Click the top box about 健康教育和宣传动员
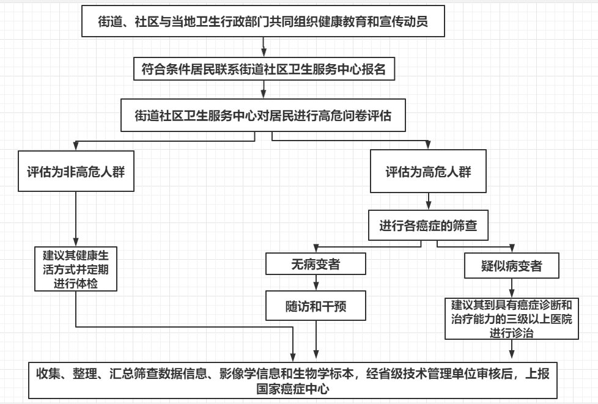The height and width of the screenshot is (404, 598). pos(264,22)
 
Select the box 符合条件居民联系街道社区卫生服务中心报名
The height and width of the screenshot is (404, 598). pos(264,69)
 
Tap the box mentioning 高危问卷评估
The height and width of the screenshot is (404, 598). pos(264,114)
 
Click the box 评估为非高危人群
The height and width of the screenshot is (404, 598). pos(76,172)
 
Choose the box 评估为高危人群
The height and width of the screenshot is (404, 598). pos(428,172)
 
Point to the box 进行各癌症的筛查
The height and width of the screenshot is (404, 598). pos(428,227)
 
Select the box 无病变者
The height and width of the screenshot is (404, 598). pos(316,265)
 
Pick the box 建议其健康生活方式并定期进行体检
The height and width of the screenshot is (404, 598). pos(76,269)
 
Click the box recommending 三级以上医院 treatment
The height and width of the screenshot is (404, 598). pos(512,318)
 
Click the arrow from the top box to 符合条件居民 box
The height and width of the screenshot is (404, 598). pos(264,46)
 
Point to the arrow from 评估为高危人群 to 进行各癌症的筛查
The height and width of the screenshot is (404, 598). pos(428,201)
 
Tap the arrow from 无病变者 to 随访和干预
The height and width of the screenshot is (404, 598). pos(316,283)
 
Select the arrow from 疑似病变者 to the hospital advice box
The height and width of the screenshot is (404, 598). pos(512,288)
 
